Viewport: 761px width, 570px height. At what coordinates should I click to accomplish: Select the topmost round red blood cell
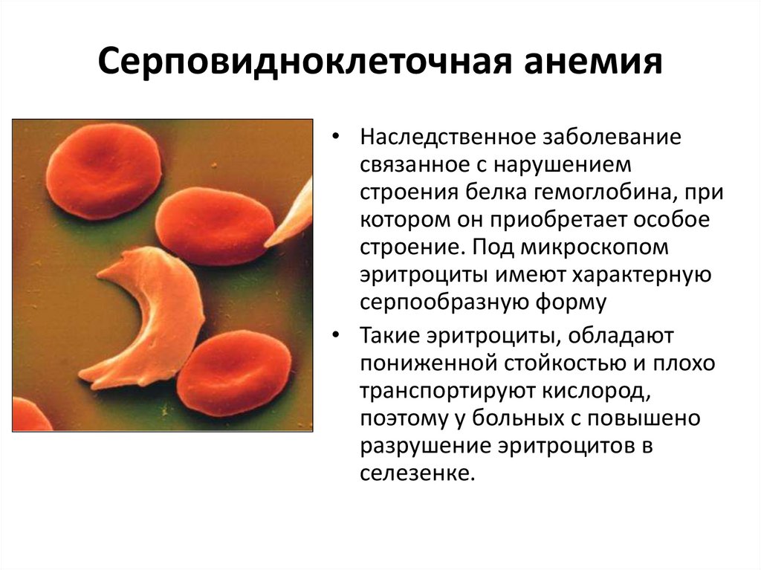tap(103, 170)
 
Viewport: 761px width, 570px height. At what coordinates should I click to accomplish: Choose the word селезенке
tap(417, 473)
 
